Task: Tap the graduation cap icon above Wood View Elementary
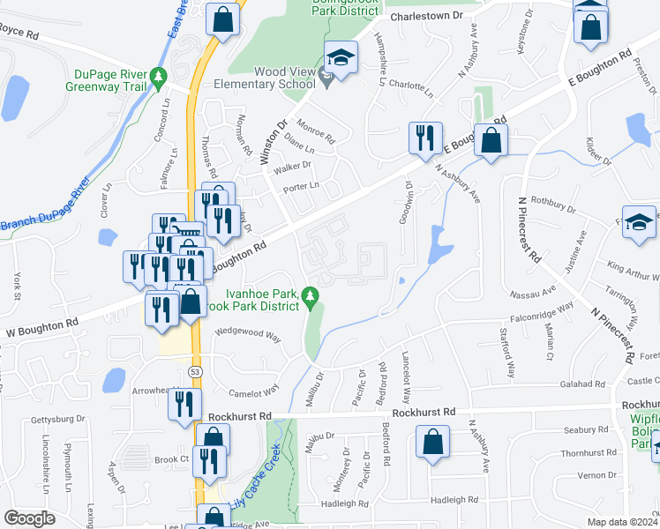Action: pyautogui.click(x=341, y=58)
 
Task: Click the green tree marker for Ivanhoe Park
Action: pyautogui.click(x=309, y=300)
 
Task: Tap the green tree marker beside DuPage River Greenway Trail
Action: pyautogui.click(x=159, y=77)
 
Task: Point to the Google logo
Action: pyautogui.click(x=29, y=518)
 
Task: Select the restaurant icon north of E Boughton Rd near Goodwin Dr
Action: pyautogui.click(x=424, y=138)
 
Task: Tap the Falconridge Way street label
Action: pyautogui.click(x=542, y=313)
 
